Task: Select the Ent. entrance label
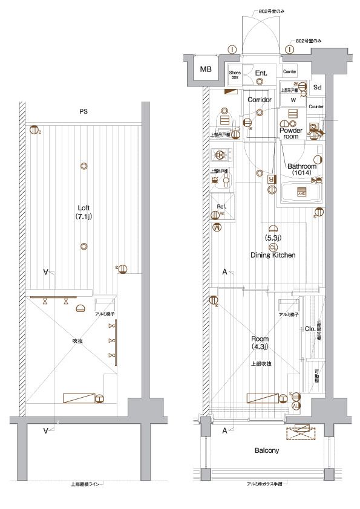point(261,74)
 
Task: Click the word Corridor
point(259,99)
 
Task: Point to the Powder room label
point(291,133)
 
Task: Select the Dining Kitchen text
point(273,255)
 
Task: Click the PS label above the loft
point(83,111)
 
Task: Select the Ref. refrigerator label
point(221,207)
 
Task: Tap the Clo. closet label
point(309,328)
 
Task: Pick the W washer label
point(293,100)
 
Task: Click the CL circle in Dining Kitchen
point(273,247)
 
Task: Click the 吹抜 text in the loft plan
point(77,341)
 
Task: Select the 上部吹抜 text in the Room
point(261,364)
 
